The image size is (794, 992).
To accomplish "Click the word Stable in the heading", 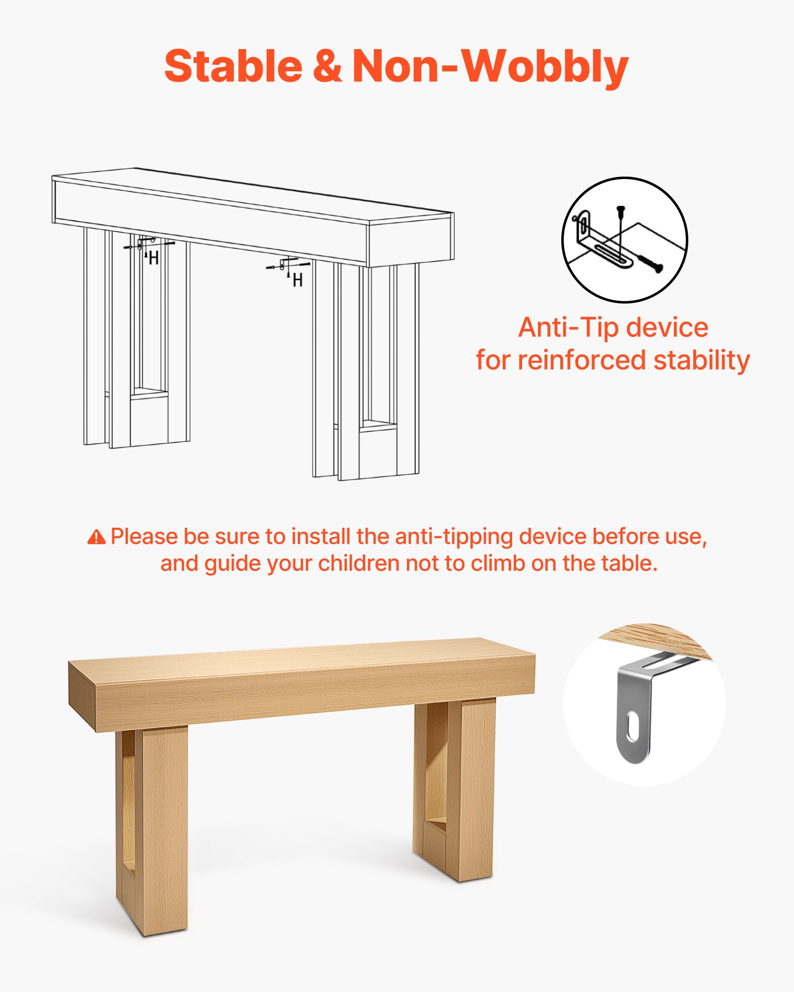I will [233, 66].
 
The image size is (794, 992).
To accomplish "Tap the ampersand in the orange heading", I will [327, 66].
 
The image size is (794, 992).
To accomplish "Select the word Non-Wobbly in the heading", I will [490, 66].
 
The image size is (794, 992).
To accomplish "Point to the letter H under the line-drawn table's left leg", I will [153, 258].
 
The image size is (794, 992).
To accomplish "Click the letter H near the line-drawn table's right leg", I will [297, 281].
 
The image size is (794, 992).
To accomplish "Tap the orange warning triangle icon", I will [96, 537].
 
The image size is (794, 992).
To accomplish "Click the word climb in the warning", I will [498, 563].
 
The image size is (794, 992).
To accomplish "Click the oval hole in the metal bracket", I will [633, 728].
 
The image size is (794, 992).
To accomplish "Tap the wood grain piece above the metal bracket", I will [655, 640].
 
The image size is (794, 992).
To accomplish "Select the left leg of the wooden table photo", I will [154, 828].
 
